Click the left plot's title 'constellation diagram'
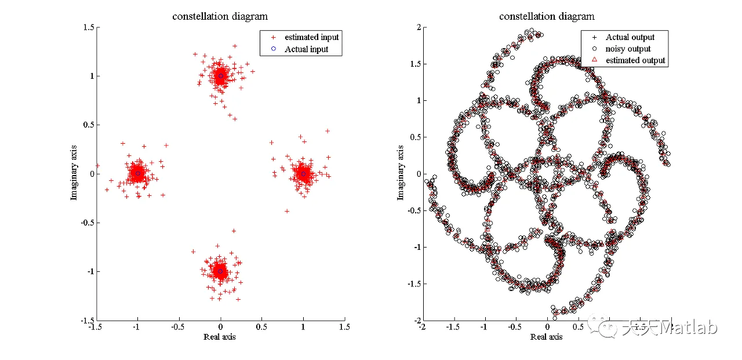pyautogui.click(x=220, y=16)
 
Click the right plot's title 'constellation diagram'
pyautogui.click(x=547, y=16)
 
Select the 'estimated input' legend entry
pyautogui.click(x=311, y=37)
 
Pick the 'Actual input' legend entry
pyautogui.click(x=306, y=49)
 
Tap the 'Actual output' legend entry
pyautogui.click(x=630, y=37)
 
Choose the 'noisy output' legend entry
pyautogui.click(x=628, y=49)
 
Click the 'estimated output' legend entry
pyautogui.click(x=635, y=60)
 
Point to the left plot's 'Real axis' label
pyautogui.click(x=220, y=337)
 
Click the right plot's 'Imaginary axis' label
pyautogui.click(x=400, y=173)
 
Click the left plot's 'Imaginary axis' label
pyautogui.click(x=74, y=173)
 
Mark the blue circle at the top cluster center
pyautogui.click(x=220, y=76)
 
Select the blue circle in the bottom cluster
pyautogui.click(x=220, y=271)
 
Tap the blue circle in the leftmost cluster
pyautogui.click(x=138, y=173)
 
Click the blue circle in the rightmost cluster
pyautogui.click(x=303, y=173)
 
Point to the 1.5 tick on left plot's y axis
pyautogui.click(x=88, y=27)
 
